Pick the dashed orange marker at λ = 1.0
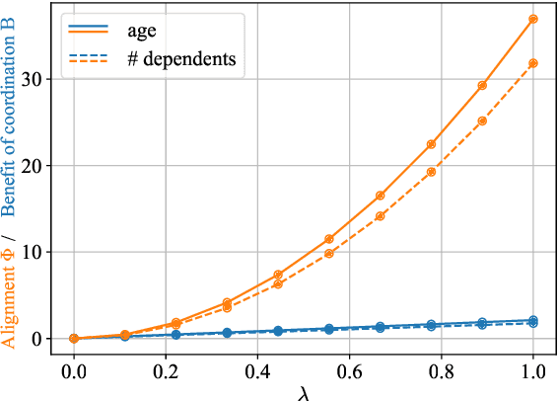[x=533, y=63]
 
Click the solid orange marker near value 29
[x=482, y=86]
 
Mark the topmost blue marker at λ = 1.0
[x=533, y=320]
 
